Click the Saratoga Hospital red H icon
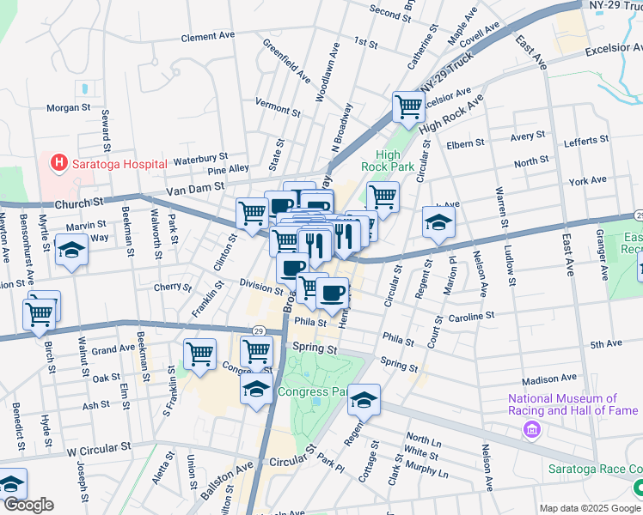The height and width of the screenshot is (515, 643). pos(58,161)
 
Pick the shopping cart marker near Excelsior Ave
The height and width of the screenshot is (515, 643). pos(408,107)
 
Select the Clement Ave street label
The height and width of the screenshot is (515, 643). pos(208,38)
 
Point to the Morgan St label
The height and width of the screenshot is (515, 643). pos(69,108)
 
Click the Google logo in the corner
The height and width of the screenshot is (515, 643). pos(28,505)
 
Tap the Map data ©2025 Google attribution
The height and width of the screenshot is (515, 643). pos(591,508)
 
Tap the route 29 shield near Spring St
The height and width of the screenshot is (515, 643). pos(258,330)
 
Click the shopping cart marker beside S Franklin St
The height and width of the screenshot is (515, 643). pos(199,353)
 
